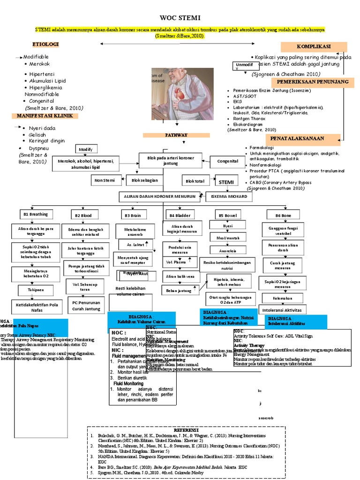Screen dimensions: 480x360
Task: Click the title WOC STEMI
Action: click(x=180, y=18)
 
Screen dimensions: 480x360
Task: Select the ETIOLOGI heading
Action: click(x=45, y=45)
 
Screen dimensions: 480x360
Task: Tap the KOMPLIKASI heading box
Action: click(x=314, y=46)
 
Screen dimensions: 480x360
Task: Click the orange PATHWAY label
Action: click(x=176, y=135)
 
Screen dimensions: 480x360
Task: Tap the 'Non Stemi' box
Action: click(x=105, y=180)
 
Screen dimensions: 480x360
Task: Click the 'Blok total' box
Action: click(x=195, y=180)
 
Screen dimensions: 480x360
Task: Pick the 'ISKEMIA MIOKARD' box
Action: click(x=228, y=197)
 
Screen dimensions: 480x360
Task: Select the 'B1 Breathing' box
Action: click(x=36, y=214)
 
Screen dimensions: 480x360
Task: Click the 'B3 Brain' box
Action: click(x=133, y=215)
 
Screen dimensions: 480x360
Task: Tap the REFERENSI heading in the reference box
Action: click(x=187, y=430)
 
